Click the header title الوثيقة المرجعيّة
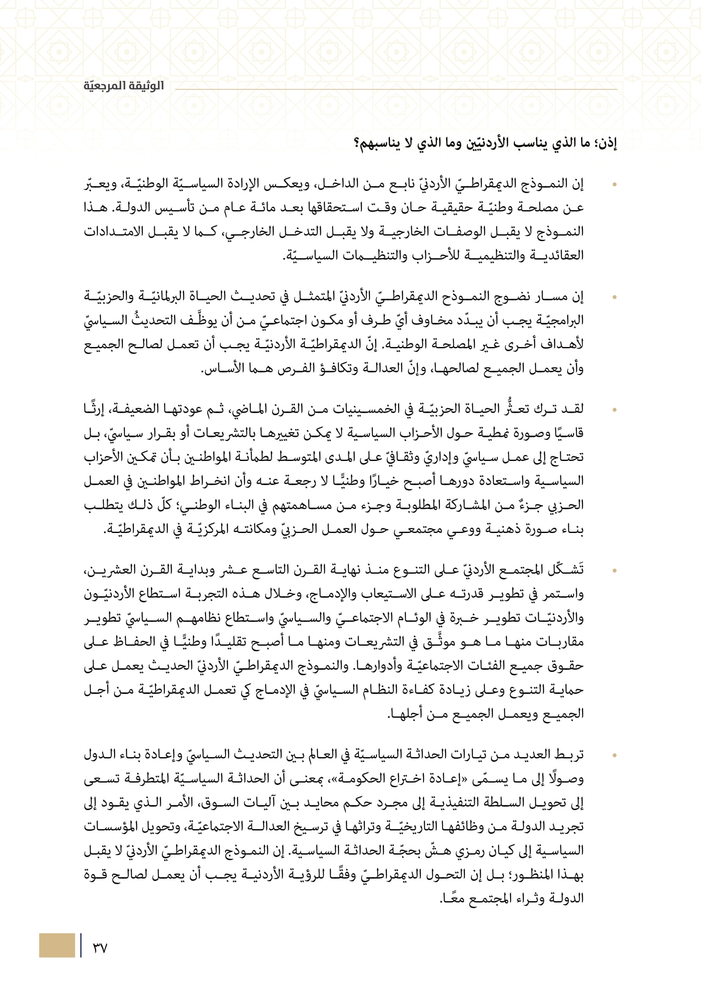pyautogui.click(x=123, y=86)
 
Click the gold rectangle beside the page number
pyautogui.click(x=56, y=945)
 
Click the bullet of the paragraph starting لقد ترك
pyautogui.click(x=614, y=410)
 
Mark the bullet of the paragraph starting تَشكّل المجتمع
pyautogui.click(x=614, y=571)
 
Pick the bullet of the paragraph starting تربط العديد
pyautogui.click(x=614, y=755)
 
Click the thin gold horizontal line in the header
pyautogui.click(x=396, y=90)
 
